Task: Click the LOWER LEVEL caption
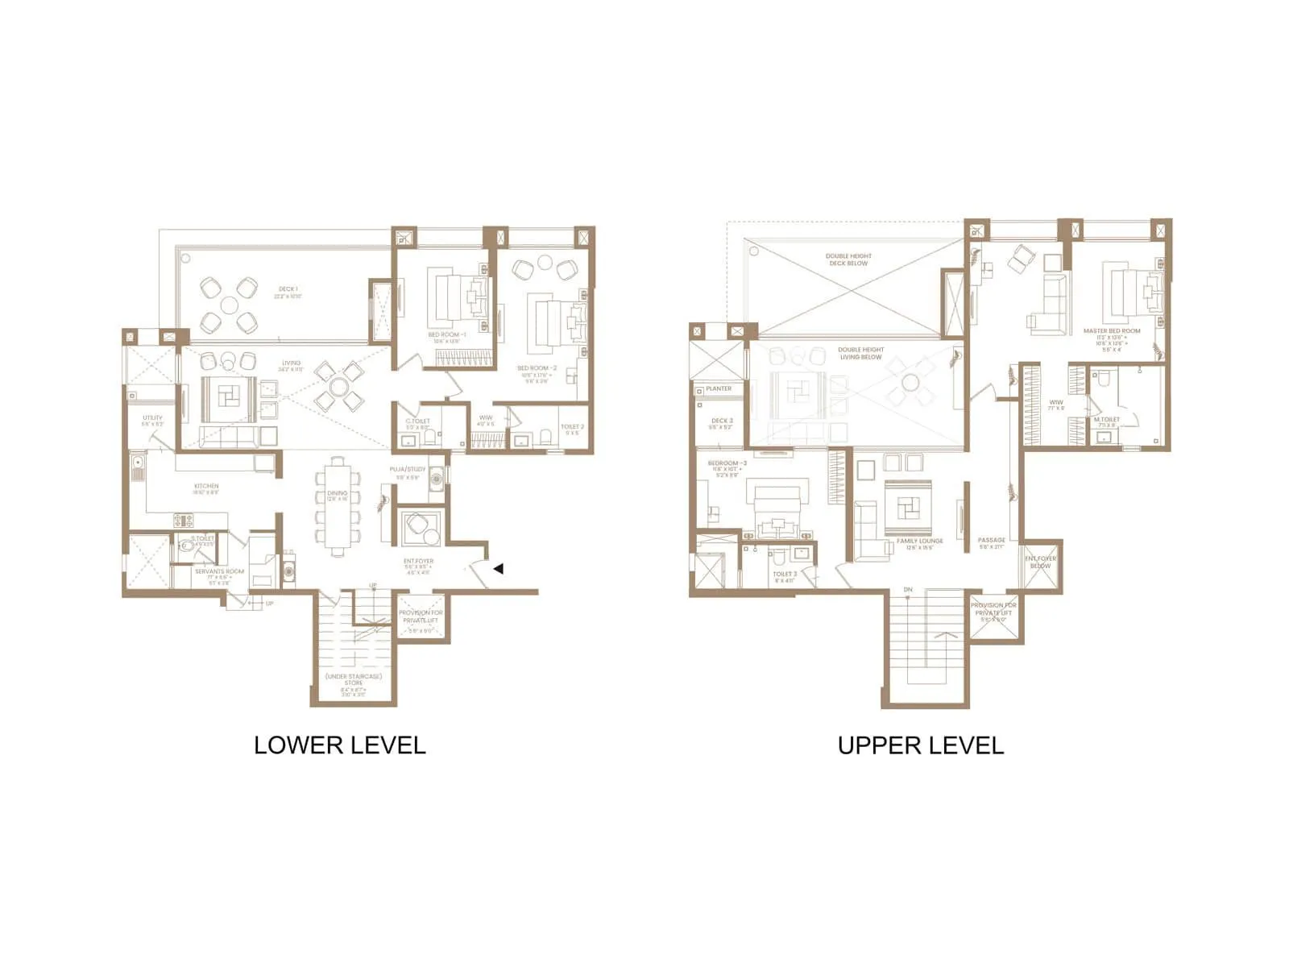coord(339,745)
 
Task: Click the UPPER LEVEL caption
coord(920,745)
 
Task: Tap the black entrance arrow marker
coord(499,569)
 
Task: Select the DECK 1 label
coord(288,288)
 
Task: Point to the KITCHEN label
coord(206,486)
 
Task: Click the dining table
coord(338,505)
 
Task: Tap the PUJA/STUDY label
coord(408,469)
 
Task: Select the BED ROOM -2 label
coord(537,368)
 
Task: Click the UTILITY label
coord(152,417)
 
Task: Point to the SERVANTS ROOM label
coord(219,571)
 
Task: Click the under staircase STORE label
coord(354,679)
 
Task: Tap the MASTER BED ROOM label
coord(1112,330)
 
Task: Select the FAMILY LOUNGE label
coord(919,541)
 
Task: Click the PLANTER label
coord(719,388)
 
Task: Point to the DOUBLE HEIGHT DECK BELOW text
coord(848,259)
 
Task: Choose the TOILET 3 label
coord(785,574)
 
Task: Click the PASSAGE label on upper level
coord(991,540)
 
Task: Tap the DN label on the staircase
coord(908,590)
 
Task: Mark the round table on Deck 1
coord(230,305)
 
